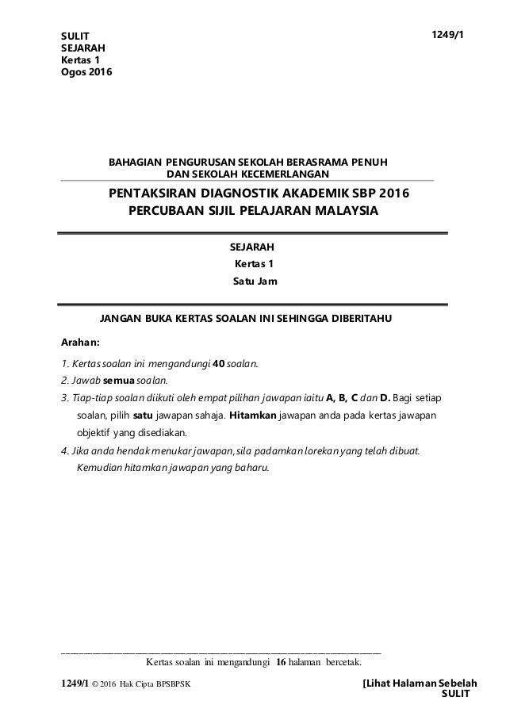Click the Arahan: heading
point(80,343)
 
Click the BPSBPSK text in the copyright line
point(174,683)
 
